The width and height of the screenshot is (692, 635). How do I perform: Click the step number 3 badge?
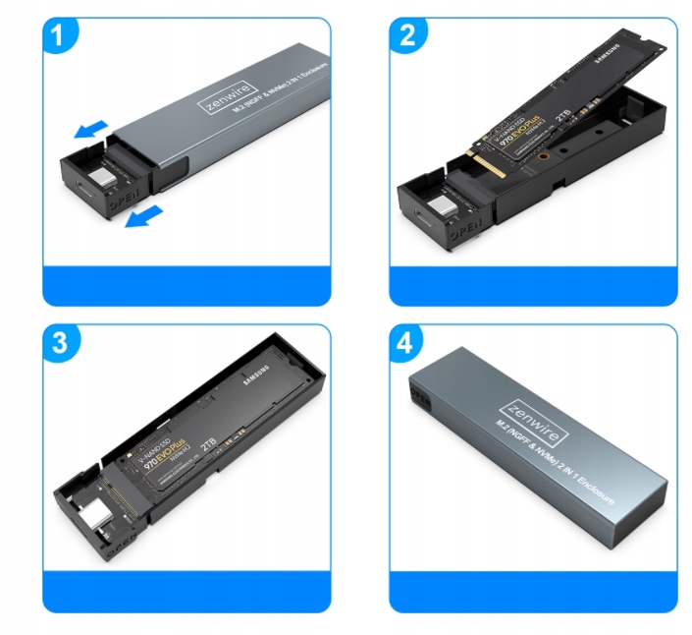pos(61,344)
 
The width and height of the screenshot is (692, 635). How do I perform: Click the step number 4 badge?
pos(407,344)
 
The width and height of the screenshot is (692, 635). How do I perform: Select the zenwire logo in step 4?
pos(541,412)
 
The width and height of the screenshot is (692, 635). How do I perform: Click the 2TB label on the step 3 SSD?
pos(208,443)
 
